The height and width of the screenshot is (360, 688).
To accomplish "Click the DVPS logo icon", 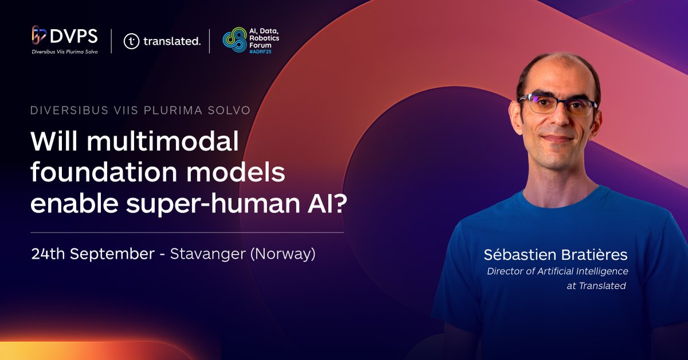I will pos(38,36).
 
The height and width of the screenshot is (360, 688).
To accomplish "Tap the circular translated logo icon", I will pos(131,41).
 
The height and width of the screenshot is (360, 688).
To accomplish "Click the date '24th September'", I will pos(92,253).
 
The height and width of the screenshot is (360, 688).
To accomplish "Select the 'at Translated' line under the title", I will pos(596,285).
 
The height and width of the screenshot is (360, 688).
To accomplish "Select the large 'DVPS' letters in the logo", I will pos(74,37).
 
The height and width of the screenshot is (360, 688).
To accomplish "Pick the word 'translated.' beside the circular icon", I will pos(172,41).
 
